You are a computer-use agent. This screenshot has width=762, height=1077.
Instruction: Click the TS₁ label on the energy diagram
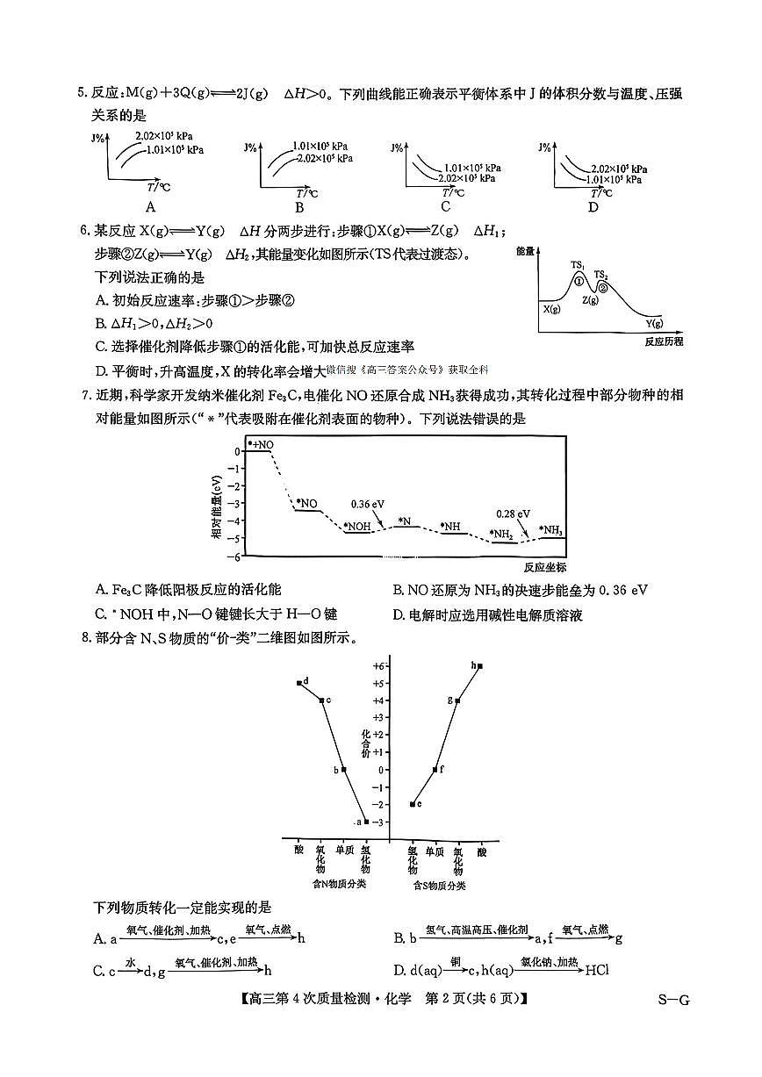tap(578, 264)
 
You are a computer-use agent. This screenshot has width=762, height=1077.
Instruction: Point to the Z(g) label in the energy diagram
tap(590, 300)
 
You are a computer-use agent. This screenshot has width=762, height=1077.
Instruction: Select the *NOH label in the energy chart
tap(357, 527)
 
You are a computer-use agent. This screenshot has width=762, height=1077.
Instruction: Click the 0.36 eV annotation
tap(368, 504)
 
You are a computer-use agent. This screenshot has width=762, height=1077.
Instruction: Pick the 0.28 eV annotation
tap(513, 513)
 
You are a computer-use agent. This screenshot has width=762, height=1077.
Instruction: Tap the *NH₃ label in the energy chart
tap(551, 529)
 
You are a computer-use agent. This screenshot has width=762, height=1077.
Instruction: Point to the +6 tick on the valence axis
tap(378, 666)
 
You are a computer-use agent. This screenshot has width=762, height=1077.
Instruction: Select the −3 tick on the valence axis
tap(378, 822)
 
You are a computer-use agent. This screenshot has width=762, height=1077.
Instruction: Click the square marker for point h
tap(480, 666)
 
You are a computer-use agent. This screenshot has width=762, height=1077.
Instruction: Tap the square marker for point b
tap(344, 770)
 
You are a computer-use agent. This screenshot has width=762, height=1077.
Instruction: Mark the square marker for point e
tap(413, 804)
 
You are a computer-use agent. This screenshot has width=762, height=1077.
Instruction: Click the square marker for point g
tap(457, 700)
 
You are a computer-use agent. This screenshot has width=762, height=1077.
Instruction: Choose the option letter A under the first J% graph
tap(151, 207)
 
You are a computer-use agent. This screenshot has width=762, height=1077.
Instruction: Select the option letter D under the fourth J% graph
tap(593, 207)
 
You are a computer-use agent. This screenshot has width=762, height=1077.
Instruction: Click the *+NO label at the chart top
tap(261, 445)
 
